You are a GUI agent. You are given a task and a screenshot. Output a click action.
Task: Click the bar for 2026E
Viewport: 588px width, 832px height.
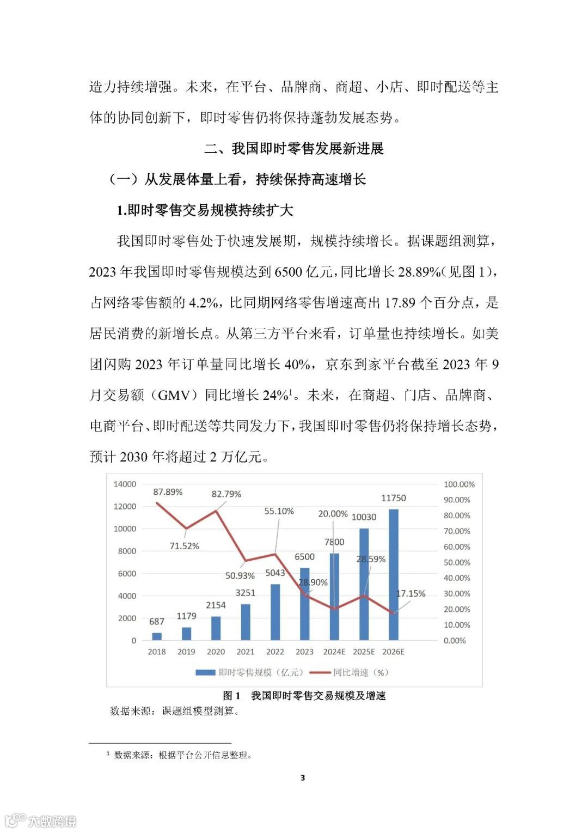point(394,575)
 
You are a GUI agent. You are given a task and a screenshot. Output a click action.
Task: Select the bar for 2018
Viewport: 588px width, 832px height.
point(157,636)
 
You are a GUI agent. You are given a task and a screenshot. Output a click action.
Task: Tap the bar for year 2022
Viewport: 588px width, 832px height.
point(275,612)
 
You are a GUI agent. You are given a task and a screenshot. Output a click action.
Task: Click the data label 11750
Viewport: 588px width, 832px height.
point(393,498)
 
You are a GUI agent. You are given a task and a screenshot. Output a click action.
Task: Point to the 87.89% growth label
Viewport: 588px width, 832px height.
point(168,492)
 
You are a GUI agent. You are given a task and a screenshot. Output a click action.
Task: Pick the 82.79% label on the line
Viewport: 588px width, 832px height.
point(226,494)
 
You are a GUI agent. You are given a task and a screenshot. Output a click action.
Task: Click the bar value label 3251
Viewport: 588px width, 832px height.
point(246,593)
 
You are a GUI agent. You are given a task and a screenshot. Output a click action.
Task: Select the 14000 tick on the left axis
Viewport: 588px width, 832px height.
point(125,484)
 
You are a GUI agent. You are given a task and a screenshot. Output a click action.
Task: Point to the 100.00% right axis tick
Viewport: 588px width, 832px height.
point(459,484)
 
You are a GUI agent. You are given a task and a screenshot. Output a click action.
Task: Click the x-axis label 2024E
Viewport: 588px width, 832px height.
point(334,652)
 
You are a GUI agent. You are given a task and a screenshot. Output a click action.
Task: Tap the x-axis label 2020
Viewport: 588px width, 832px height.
point(216,652)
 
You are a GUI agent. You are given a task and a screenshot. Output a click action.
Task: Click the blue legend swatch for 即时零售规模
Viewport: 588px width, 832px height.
point(205,673)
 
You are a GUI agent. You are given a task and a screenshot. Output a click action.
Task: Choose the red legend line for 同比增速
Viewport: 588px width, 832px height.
point(320,673)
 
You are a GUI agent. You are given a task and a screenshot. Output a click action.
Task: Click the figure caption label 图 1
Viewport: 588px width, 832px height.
point(231,696)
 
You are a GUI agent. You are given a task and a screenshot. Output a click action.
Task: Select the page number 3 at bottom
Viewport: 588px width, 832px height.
point(303,778)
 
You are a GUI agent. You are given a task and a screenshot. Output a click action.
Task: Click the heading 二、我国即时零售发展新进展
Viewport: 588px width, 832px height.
point(294,148)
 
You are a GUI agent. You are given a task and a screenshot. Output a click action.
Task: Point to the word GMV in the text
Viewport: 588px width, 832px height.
point(173,395)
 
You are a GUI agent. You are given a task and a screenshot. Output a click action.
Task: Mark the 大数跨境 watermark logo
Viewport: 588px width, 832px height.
point(41,820)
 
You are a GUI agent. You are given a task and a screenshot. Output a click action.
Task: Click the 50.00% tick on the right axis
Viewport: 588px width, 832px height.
point(457,562)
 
